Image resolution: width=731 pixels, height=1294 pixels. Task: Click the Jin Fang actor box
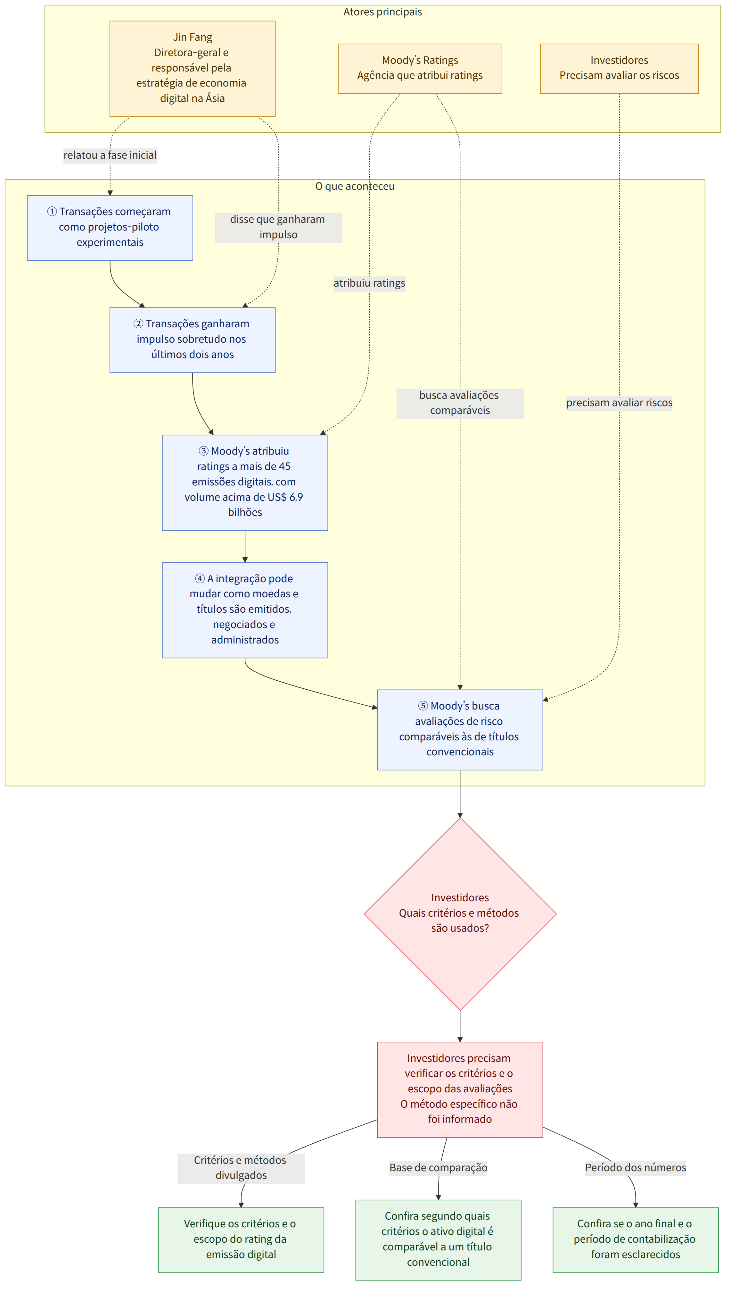(x=192, y=69)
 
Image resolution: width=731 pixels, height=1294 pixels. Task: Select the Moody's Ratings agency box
(x=420, y=69)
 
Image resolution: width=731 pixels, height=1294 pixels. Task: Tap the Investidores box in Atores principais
(x=619, y=69)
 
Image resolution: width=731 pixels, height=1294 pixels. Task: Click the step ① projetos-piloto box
(x=110, y=228)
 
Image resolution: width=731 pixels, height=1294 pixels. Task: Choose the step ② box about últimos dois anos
(x=192, y=340)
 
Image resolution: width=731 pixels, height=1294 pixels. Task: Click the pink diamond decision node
(x=460, y=914)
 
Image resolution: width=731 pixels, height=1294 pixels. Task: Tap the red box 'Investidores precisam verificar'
(x=460, y=1089)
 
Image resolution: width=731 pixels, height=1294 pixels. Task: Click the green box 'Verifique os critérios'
(x=241, y=1240)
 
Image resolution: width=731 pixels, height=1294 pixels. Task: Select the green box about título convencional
(x=438, y=1240)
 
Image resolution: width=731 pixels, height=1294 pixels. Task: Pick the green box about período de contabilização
(x=636, y=1240)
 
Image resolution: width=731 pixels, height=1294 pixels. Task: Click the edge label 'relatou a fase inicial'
(x=110, y=155)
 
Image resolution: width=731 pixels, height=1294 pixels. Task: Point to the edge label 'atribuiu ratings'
(x=370, y=283)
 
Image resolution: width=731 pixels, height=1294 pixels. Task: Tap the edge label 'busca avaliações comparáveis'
(x=460, y=403)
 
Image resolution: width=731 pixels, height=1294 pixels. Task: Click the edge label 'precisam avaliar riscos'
(x=619, y=403)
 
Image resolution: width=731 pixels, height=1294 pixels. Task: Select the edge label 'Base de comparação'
(x=438, y=1167)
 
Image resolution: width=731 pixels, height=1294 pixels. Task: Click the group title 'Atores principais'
(x=382, y=12)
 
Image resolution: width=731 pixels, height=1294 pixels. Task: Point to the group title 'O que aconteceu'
(x=355, y=186)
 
